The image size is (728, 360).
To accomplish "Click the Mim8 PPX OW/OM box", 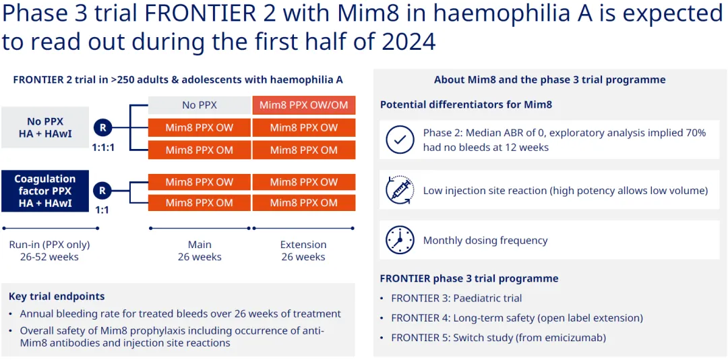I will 304,105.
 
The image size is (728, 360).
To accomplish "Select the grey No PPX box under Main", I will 199,105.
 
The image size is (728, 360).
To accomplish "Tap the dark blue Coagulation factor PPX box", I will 44,191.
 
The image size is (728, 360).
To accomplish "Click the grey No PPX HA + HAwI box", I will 44,127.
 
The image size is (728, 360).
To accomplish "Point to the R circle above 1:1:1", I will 102,127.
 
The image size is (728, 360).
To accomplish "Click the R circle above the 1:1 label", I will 102,191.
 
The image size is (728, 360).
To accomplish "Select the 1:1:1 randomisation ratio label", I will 102,146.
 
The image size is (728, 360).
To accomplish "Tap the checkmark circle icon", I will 400,140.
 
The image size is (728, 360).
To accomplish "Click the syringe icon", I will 400,190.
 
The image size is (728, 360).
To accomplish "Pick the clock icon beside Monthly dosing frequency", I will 400,240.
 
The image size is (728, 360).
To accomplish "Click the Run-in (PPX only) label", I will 49,245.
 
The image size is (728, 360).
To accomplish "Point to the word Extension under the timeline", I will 303,245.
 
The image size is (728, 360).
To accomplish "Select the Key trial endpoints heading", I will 57,296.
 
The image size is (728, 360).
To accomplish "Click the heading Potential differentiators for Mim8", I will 466,104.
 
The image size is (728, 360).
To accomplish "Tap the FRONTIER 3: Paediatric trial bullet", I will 456,298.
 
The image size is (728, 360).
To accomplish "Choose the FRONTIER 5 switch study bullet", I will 498,337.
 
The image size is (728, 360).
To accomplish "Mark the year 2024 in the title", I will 408,42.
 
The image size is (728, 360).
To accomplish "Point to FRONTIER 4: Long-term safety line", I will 517,318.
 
